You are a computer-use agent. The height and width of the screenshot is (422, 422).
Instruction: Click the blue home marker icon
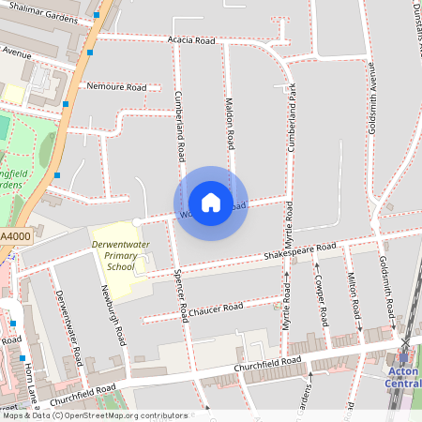(x=211, y=203)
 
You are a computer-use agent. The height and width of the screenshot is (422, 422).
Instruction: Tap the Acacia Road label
(x=191, y=41)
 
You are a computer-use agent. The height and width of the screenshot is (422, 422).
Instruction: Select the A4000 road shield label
(x=15, y=236)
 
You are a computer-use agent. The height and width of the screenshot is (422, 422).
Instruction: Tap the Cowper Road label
(x=321, y=300)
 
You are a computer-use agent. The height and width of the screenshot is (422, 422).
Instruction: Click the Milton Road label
(x=354, y=294)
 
